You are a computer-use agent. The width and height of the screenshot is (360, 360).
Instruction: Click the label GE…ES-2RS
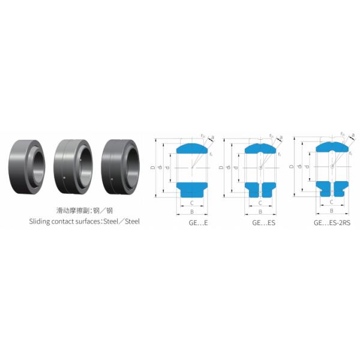332,222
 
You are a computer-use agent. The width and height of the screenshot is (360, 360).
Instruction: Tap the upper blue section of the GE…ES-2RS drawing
332,146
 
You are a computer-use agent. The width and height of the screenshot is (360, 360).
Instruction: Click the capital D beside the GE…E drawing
153,167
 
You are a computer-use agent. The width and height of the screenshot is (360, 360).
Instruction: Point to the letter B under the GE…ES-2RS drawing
332,210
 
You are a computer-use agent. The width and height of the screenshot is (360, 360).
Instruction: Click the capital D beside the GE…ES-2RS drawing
292,166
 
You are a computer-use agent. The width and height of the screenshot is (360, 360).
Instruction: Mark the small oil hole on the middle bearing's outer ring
64,176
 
